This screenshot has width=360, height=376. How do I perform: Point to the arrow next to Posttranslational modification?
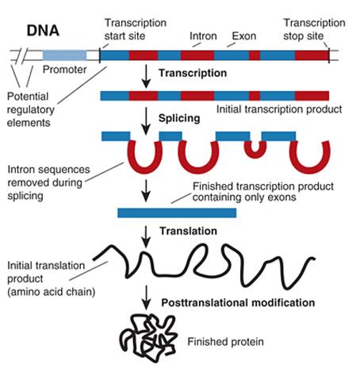(145, 301)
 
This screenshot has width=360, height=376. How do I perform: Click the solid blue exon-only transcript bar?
(176, 212)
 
